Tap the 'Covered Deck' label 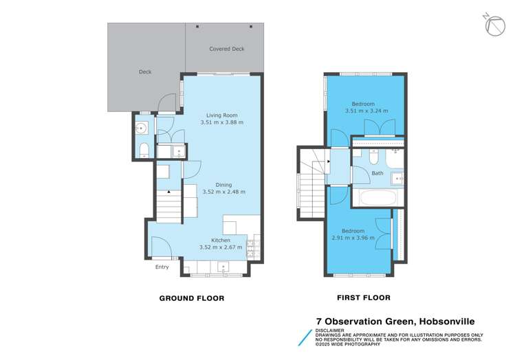pos(226,49)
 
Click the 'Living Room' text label pos(221,115)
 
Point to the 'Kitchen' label pos(221,240)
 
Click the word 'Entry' pos(162,267)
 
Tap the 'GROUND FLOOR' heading pos(192,298)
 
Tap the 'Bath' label pos(377,173)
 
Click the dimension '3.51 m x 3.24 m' pos(366,110)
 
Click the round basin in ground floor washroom pos(143,127)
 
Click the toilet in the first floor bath pos(371,157)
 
